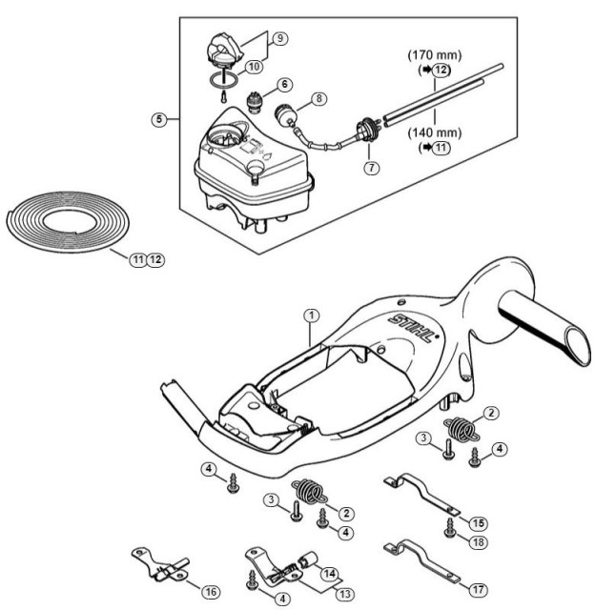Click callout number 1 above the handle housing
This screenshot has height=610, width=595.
[311, 315]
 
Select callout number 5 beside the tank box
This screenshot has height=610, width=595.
[159, 119]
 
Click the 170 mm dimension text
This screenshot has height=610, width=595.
[434, 55]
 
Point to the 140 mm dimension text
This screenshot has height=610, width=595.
[434, 132]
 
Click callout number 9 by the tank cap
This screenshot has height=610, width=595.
[280, 38]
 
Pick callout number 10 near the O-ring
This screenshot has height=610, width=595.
[254, 66]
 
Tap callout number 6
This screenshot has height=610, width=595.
[285, 85]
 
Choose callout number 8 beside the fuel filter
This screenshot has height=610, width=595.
[319, 98]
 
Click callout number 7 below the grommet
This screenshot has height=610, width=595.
[372, 168]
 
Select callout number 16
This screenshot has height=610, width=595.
[211, 592]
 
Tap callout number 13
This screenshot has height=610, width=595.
[345, 594]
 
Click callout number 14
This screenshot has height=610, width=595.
[329, 574]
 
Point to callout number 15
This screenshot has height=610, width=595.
[478, 523]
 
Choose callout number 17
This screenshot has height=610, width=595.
[478, 590]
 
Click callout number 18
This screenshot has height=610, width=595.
[478, 542]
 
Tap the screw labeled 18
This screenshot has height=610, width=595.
[450, 528]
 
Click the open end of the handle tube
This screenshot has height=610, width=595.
[578, 345]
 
